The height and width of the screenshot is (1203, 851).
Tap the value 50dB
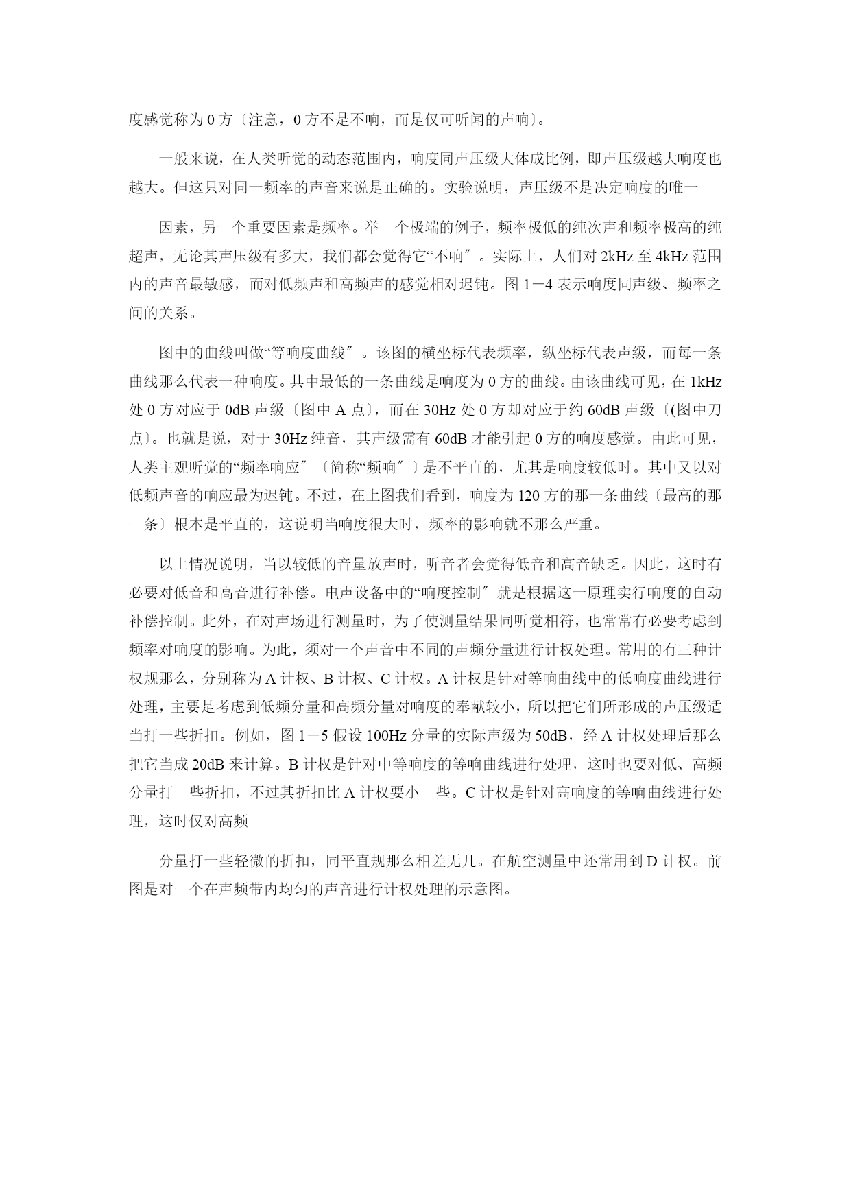pyautogui.click(x=551, y=737)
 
